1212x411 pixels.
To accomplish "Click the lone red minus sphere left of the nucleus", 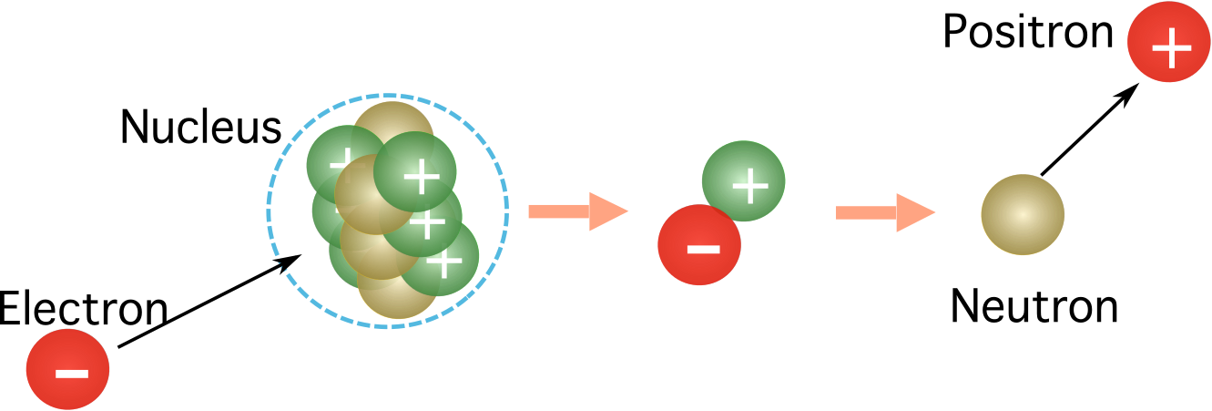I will (x=67, y=369).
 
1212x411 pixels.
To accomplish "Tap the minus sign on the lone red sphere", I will (x=72, y=373).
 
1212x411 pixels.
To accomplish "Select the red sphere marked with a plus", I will (x=1168, y=42).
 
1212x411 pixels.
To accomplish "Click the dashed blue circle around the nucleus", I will (x=268, y=210).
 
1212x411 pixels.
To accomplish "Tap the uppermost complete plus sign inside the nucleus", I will (x=421, y=175).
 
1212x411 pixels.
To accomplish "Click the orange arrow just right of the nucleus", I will (x=577, y=211).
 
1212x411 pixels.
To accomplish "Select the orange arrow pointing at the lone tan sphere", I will (x=884, y=212).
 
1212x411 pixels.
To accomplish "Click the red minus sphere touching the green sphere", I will (x=699, y=244).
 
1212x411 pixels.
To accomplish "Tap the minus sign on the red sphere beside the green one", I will (x=702, y=248).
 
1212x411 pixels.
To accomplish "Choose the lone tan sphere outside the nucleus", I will (x=1022, y=215).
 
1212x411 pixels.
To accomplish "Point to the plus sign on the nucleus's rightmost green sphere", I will (x=444, y=262).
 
